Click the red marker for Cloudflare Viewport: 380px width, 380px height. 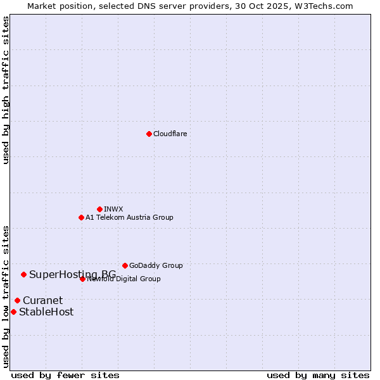[x=149, y=134]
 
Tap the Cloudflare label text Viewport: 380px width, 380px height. [x=170, y=134]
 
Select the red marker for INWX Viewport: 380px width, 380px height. [x=99, y=209]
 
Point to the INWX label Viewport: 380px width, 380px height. [x=113, y=209]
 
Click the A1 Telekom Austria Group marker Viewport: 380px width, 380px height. [x=81, y=217]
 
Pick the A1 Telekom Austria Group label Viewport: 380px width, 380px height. [x=129, y=217]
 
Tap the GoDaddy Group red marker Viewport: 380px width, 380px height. [x=125, y=265]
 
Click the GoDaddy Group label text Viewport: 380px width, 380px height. [x=156, y=265]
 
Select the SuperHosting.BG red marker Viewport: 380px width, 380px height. [x=23, y=274]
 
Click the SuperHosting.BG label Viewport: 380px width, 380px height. [x=72, y=274]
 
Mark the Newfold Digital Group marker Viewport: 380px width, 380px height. [x=82, y=279]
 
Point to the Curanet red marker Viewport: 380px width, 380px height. [x=17, y=300]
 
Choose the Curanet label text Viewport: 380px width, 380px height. [x=42, y=300]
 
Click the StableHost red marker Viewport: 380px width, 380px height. [x=13, y=312]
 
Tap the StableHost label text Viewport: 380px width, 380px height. [x=46, y=312]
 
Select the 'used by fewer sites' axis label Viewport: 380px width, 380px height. [x=65, y=375]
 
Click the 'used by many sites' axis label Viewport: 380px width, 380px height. [x=318, y=375]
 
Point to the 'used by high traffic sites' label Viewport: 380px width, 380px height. [x=6, y=90]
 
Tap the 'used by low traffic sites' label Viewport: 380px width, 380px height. [x=6, y=296]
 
